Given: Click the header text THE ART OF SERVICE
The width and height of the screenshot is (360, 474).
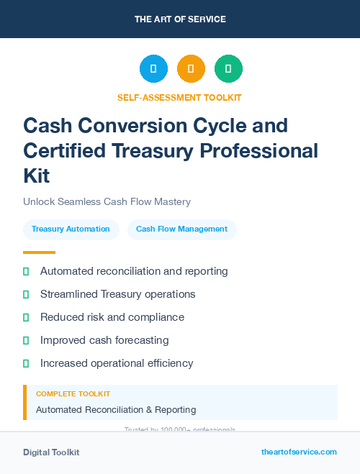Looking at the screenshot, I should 180,19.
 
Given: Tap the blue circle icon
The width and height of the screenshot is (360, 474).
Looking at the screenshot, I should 153,69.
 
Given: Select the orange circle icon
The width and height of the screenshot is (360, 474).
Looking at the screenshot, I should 191,69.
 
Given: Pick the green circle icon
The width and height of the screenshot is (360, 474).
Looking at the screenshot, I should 228,69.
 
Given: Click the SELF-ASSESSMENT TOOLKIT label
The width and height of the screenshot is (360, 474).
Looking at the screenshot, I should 179,97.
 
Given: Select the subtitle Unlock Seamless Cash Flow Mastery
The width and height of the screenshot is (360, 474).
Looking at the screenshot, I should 107,201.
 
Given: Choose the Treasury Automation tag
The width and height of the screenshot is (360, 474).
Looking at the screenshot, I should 71,229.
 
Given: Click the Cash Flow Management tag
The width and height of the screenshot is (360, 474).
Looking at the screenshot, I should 181,229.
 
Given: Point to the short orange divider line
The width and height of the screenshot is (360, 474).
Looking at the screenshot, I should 39,252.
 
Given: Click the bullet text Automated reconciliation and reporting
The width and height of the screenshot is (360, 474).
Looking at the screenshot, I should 134,271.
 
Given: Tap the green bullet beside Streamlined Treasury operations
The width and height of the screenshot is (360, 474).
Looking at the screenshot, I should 26,294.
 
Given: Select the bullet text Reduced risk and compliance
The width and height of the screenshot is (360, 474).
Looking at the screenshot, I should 112,317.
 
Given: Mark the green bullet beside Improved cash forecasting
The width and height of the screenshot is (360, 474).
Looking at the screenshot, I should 26,340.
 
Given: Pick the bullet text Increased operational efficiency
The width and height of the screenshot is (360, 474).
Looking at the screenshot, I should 117,363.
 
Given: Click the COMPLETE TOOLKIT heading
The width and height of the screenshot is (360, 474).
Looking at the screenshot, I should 73,394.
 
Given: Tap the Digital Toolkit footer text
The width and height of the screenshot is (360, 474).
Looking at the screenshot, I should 51,452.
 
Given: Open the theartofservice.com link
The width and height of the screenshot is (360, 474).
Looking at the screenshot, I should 299,452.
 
